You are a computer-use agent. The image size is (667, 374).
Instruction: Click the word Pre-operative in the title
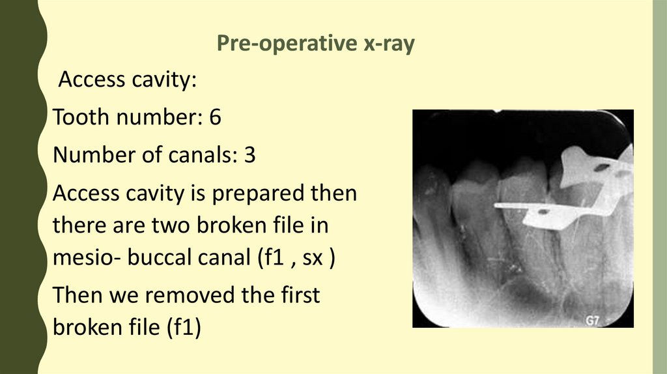coord(287,44)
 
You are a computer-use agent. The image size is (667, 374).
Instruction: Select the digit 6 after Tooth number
coord(215,117)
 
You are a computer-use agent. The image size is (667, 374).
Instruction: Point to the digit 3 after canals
coord(249,154)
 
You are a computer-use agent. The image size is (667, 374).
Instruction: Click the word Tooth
coord(81,117)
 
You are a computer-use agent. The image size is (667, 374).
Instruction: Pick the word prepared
coord(258,194)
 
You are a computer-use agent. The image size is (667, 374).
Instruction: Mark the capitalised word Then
coord(77,295)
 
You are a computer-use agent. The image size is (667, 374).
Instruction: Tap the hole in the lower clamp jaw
coord(543,211)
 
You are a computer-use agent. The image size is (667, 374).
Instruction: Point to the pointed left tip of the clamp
coord(495,205)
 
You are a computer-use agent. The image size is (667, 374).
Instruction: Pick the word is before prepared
coord(198,193)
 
